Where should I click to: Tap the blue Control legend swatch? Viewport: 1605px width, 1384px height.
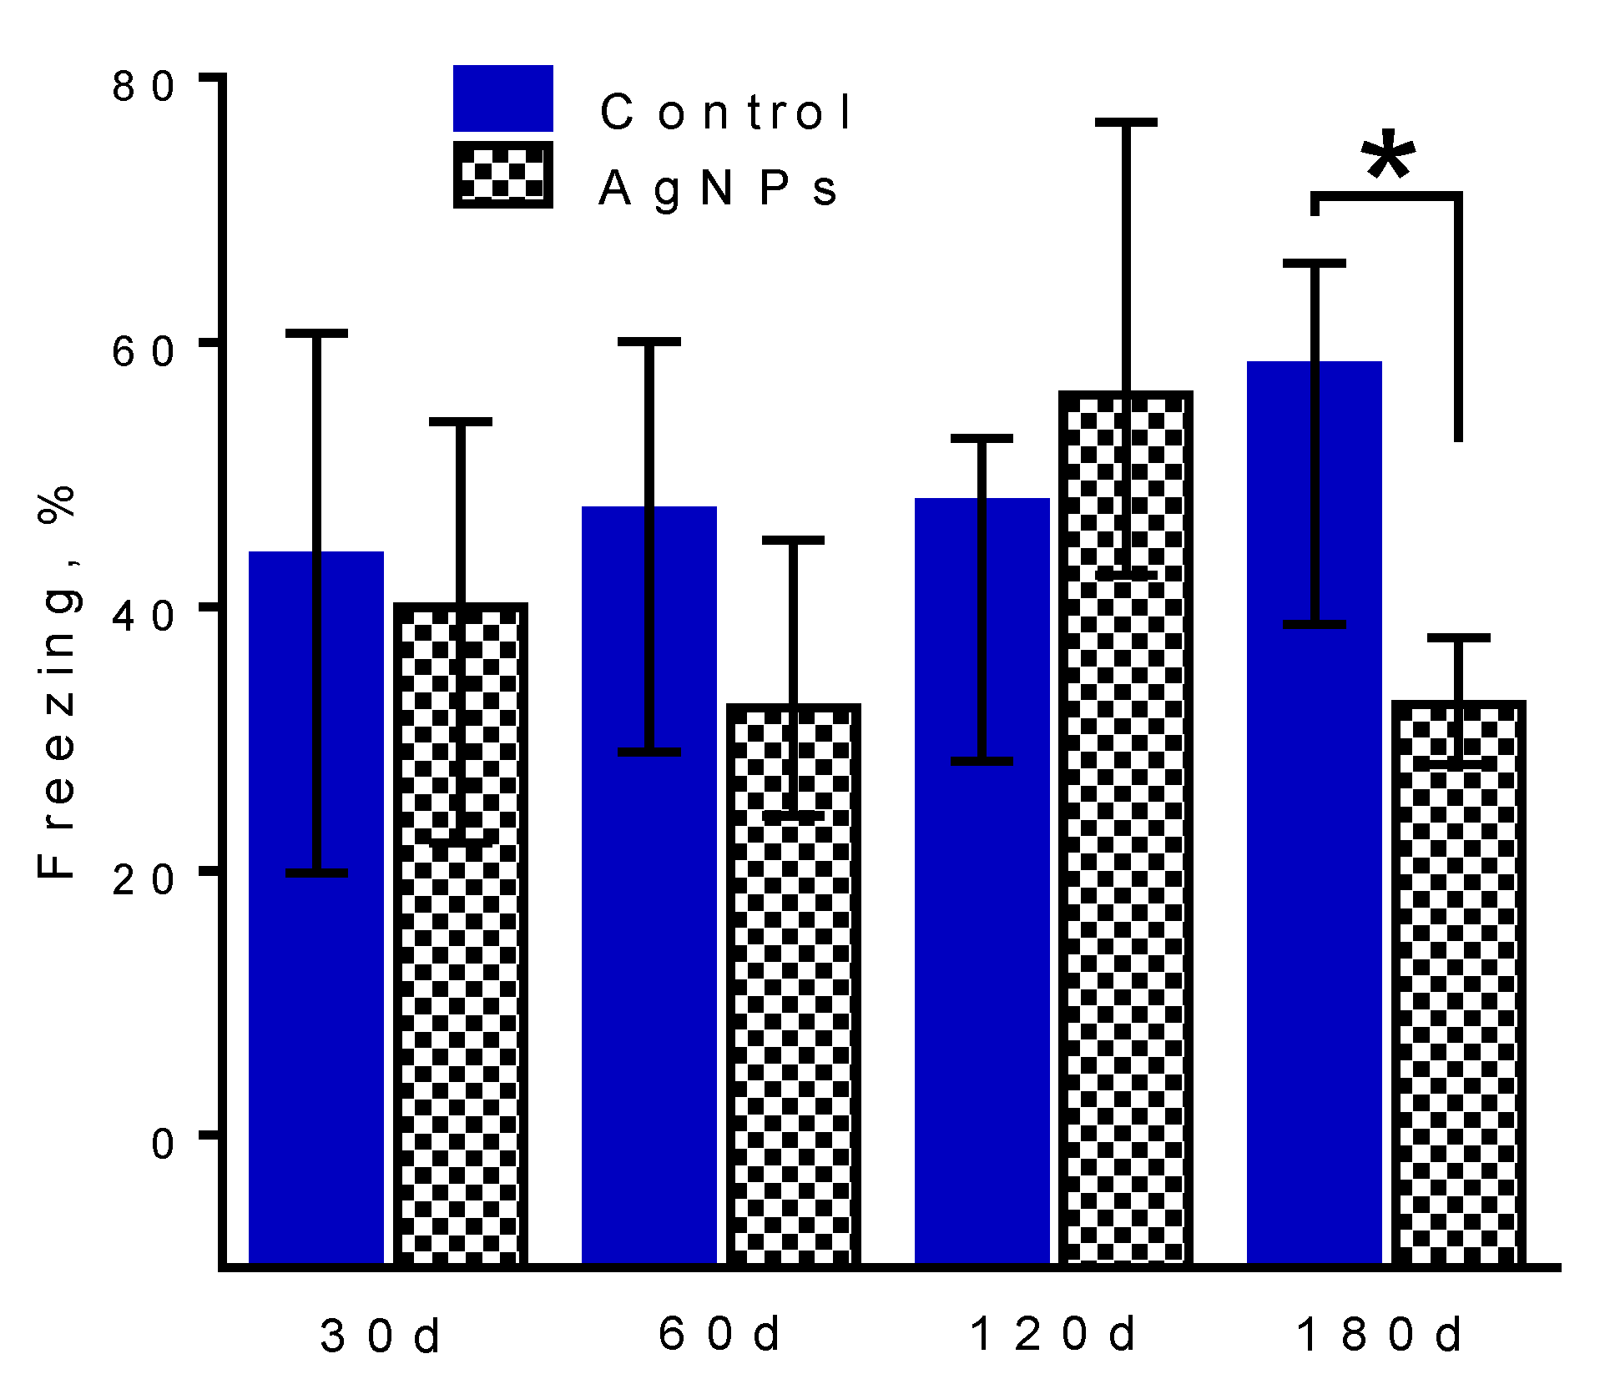click(502, 98)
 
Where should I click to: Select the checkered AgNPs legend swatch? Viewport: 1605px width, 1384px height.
click(502, 174)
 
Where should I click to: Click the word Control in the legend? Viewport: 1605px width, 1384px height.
click(724, 112)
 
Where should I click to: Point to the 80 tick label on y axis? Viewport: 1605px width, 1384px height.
click(143, 86)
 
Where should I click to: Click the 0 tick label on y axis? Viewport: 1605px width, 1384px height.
click(163, 1143)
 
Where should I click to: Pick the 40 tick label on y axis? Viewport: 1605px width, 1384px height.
click(143, 616)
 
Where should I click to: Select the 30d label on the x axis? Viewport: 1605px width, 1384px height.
click(380, 1336)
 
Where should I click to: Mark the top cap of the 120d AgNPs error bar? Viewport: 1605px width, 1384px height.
click(1126, 123)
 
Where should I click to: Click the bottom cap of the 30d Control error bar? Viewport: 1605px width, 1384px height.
click(316, 873)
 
